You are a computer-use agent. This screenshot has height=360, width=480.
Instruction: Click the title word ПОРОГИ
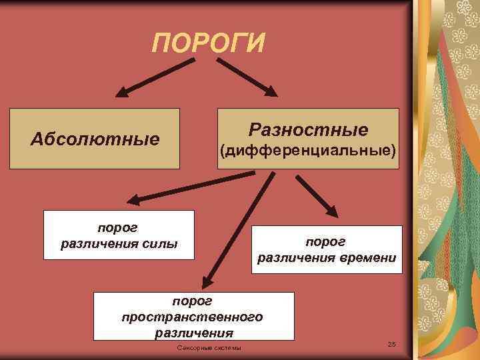(208, 43)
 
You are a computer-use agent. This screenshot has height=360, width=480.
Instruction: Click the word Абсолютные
(95, 139)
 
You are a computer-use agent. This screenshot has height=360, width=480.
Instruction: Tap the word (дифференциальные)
(308, 151)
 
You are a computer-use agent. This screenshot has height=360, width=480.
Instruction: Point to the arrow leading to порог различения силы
(190, 186)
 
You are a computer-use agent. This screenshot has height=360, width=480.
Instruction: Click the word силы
(161, 243)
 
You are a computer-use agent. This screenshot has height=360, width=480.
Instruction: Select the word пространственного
(193, 316)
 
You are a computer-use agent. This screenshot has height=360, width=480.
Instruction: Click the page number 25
(391, 343)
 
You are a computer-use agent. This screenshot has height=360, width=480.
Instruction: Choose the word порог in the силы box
(119, 227)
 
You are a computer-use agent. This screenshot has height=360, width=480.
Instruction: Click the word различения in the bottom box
(193, 332)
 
